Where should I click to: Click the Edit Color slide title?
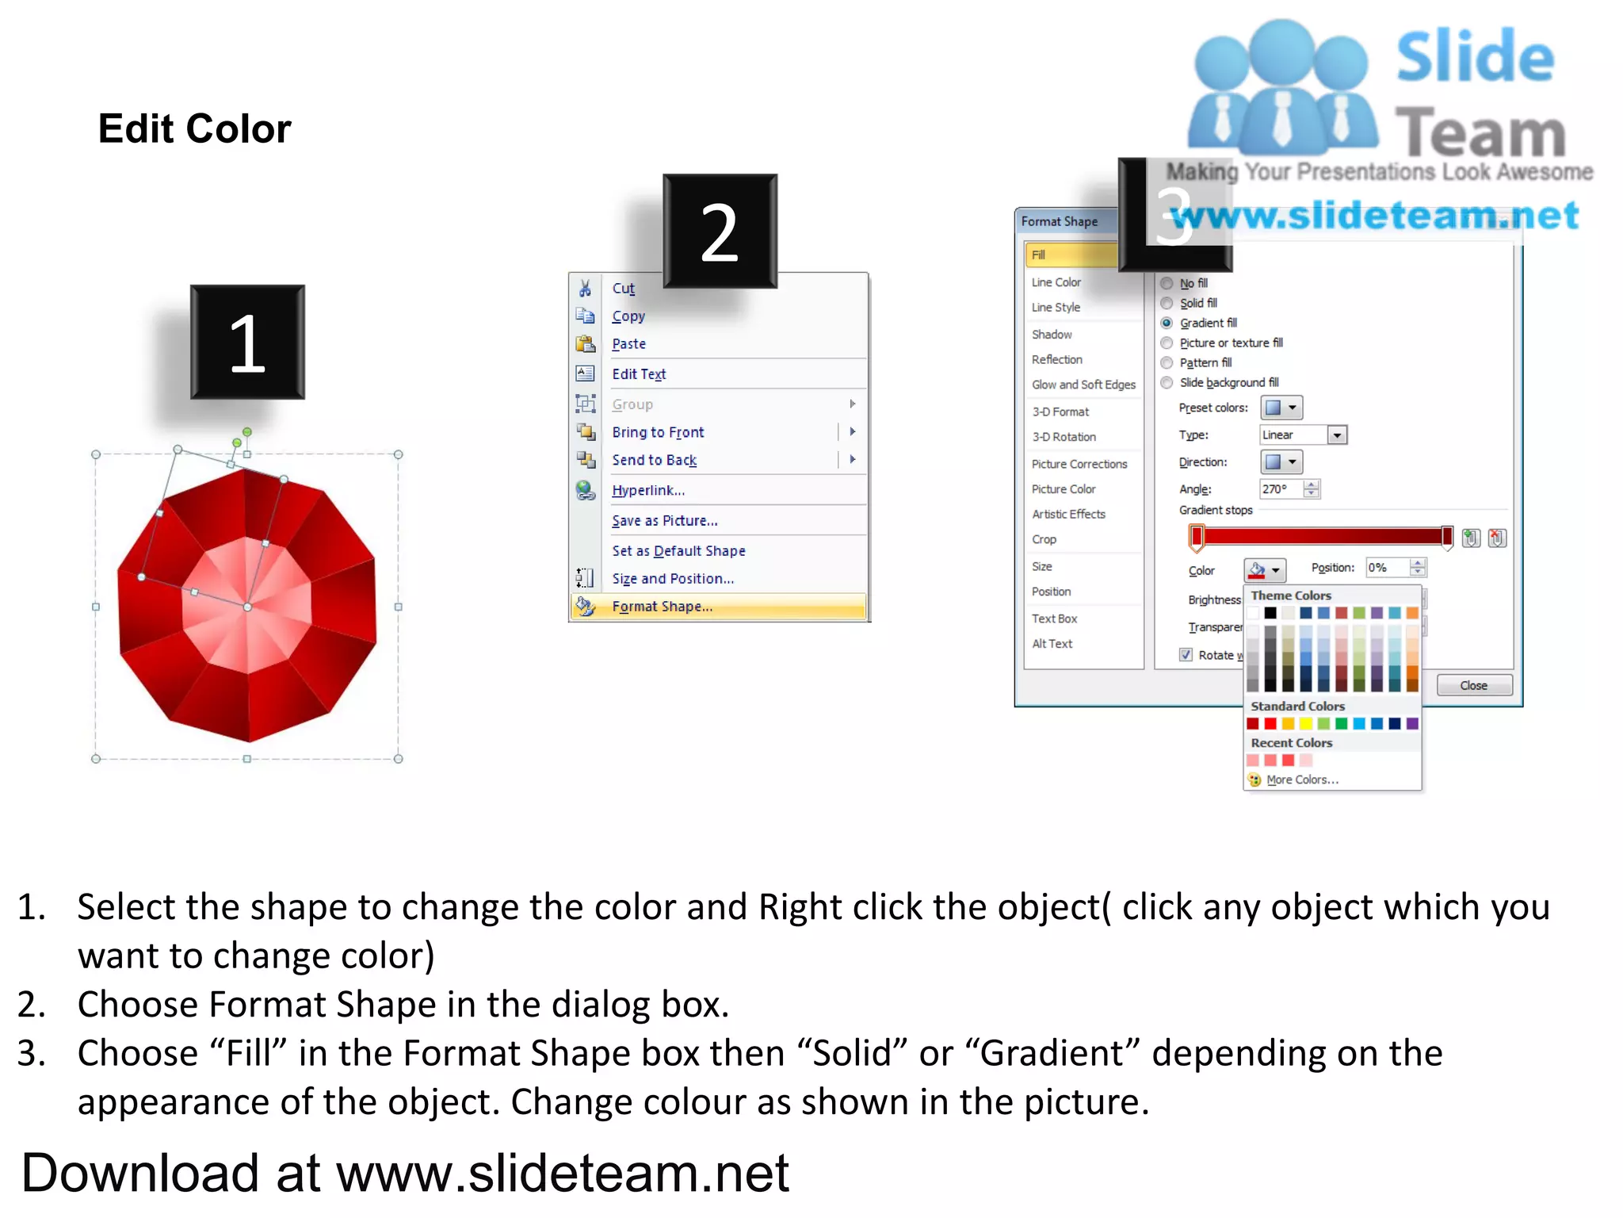click(194, 128)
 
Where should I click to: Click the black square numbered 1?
click(247, 342)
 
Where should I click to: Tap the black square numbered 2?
click(720, 231)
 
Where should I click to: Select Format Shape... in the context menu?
click(662, 607)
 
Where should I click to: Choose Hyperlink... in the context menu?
click(647, 490)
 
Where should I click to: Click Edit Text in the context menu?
click(638, 374)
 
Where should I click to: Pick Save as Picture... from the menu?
click(664, 521)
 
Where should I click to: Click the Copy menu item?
click(628, 316)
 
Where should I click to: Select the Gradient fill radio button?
click(1167, 323)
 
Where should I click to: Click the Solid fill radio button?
click(1167, 303)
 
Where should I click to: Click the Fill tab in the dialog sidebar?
click(1070, 255)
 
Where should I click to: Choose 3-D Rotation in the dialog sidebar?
click(1064, 437)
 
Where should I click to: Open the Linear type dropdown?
click(1337, 435)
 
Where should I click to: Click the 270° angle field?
click(1279, 489)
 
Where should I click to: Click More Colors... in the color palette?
click(1302, 779)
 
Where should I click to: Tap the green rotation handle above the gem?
click(247, 431)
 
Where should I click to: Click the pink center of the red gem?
click(247, 607)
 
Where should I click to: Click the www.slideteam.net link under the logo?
click(1374, 216)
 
